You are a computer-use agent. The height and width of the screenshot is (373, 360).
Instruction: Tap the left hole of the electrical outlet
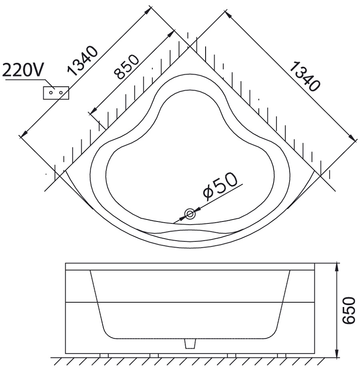(x=51, y=92)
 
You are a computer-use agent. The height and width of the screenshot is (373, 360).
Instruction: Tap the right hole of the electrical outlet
(x=61, y=92)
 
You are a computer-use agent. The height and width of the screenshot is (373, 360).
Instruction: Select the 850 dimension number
(x=126, y=67)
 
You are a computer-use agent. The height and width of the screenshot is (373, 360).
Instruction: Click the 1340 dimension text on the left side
(x=82, y=61)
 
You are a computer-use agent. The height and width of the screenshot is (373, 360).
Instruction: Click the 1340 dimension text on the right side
(x=305, y=76)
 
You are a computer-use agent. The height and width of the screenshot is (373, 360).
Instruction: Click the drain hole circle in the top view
(x=190, y=214)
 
